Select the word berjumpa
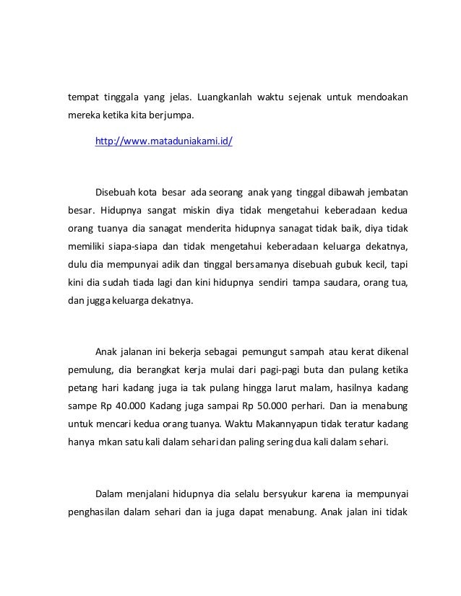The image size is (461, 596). click(x=173, y=115)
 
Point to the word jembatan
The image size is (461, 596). click(x=388, y=193)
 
